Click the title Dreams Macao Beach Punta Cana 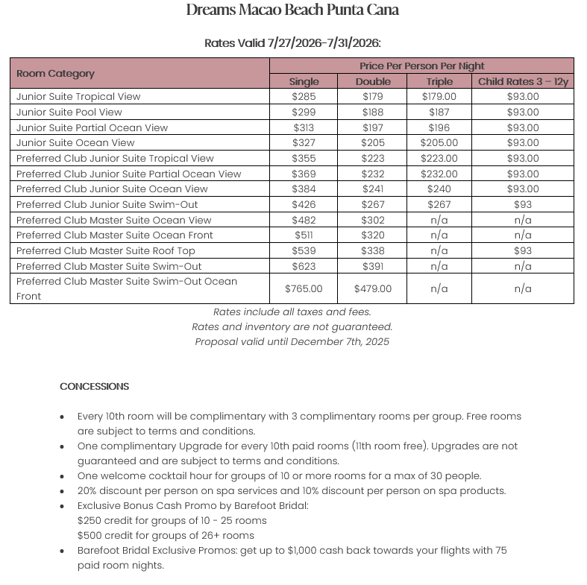(x=292, y=10)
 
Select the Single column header (x=304, y=81)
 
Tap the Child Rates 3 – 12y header (x=523, y=81)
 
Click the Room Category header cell (x=56, y=73)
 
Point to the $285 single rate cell (x=304, y=96)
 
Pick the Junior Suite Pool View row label (x=69, y=112)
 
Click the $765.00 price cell (x=304, y=288)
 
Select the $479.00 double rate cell (x=373, y=288)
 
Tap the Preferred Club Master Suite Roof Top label (x=106, y=250)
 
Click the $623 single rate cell (x=304, y=266)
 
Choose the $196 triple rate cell (x=439, y=127)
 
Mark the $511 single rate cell (x=304, y=235)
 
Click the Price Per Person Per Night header (x=421, y=66)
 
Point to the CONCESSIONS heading (x=95, y=386)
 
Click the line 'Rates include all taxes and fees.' (x=292, y=312)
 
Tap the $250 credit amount (x=90, y=520)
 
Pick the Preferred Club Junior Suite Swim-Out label (x=107, y=204)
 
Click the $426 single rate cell (x=304, y=204)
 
